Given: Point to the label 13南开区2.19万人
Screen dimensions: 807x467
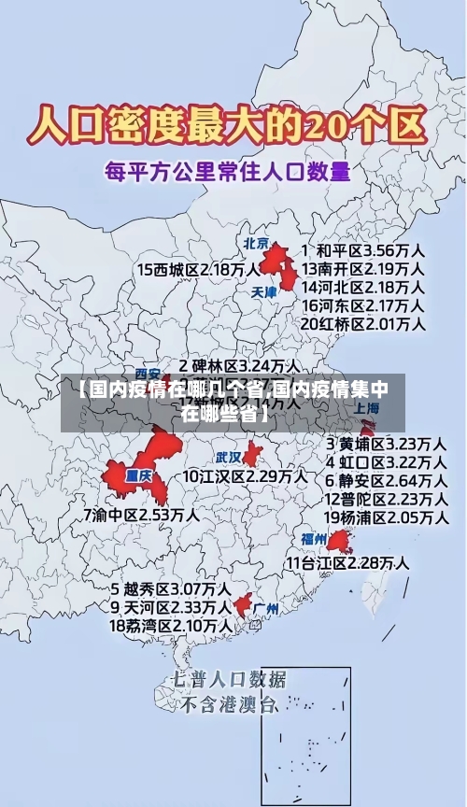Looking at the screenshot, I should pos(363,268).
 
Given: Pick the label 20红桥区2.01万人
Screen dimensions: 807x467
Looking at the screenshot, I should pos(363,324).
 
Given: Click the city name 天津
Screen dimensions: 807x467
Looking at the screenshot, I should pos(264,291).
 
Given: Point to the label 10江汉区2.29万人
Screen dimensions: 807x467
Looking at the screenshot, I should pos(245,476).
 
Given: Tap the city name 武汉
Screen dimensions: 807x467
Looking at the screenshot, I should pos(228,458).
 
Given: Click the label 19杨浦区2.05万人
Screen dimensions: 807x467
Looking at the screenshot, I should pos(385,517).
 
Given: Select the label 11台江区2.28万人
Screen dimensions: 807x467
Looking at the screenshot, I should pos(347,562).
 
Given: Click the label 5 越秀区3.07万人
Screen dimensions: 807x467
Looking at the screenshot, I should pos(171,589).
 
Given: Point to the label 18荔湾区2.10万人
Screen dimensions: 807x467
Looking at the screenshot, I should pos(171,625).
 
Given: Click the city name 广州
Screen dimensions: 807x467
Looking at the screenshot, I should pos(266,608).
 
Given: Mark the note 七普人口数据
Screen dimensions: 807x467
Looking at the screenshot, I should pos(229,679).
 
